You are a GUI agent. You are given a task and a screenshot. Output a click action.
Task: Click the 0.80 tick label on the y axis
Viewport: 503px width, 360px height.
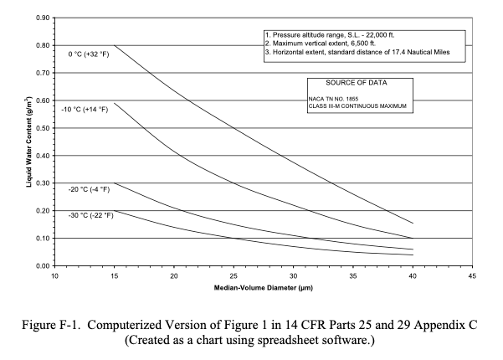43,45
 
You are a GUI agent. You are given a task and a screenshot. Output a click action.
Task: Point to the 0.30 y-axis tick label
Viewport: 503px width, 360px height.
43,183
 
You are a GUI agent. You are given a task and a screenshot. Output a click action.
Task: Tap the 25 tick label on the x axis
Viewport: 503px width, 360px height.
234,276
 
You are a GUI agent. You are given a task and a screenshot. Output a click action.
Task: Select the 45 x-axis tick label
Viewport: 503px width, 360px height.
472,276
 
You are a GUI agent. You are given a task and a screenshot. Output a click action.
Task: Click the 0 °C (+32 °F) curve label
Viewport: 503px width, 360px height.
89,54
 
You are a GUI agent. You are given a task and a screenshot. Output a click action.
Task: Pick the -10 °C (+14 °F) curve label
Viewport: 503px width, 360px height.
85,110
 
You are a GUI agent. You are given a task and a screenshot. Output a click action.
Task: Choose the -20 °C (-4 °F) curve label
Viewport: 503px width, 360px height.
89,189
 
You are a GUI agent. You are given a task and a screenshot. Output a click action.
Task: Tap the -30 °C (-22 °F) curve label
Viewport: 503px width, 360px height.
90,215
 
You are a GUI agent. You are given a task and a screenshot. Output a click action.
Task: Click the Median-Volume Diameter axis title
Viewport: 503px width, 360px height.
264,288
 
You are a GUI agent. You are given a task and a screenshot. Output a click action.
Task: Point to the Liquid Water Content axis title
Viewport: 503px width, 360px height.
28,141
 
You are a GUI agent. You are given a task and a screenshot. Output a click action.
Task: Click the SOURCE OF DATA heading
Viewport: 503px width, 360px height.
357,83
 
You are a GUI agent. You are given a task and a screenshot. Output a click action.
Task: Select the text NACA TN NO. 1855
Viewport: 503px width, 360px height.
333,99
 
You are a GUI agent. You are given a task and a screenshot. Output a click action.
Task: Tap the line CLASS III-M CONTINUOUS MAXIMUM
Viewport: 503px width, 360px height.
357,106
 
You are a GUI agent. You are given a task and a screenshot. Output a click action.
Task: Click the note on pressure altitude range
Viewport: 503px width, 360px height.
330,35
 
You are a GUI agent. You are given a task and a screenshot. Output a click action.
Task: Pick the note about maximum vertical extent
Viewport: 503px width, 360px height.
321,44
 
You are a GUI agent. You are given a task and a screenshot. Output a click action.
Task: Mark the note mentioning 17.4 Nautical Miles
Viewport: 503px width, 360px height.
357,52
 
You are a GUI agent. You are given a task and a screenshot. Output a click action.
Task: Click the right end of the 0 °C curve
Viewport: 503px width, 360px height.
413,223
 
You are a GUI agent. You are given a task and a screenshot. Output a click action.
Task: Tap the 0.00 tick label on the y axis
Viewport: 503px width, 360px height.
43,266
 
